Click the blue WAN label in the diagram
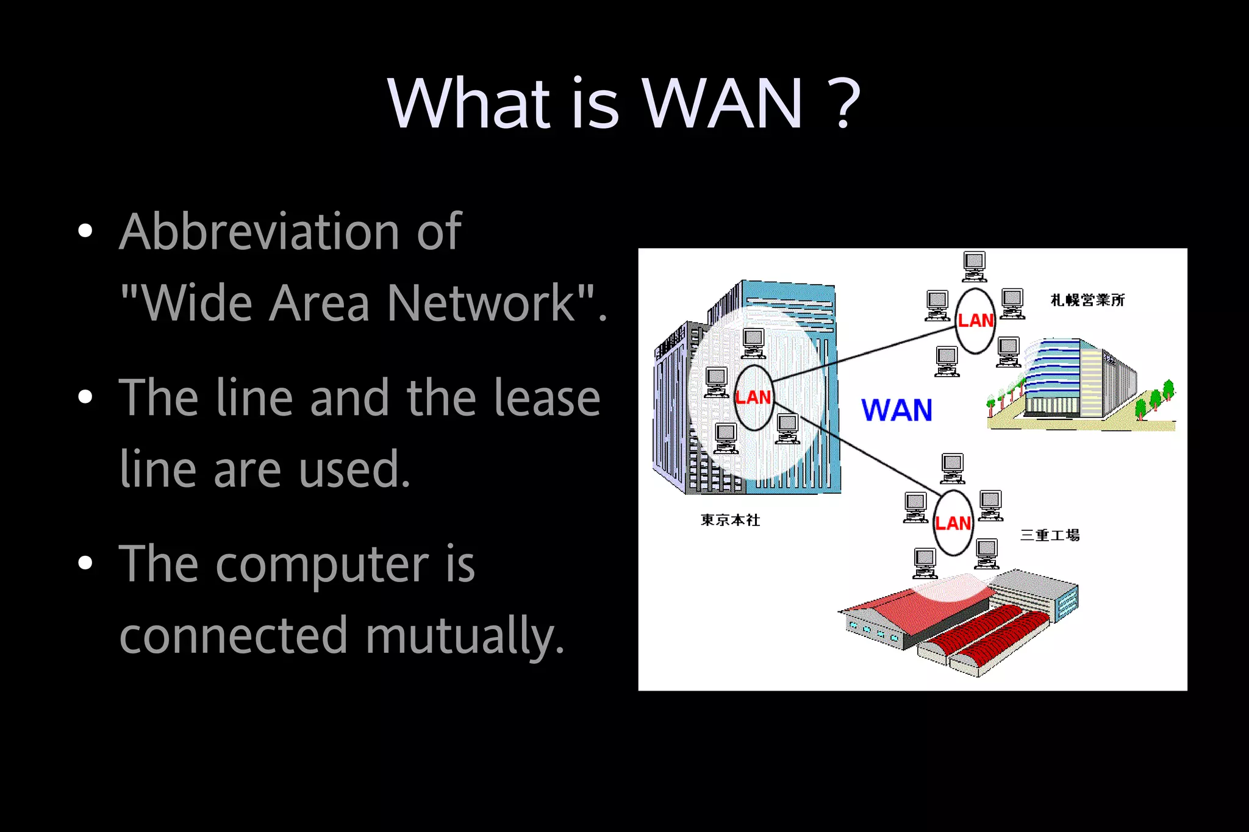click(896, 410)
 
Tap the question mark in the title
click(845, 104)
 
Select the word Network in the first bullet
click(482, 303)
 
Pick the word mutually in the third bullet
click(464, 636)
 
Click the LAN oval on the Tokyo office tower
click(754, 397)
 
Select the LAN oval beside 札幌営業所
click(975, 321)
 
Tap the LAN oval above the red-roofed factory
click(953, 523)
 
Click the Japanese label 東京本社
click(731, 520)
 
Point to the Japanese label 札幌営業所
click(1087, 300)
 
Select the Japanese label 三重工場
click(1050, 535)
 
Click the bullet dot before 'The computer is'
click(85, 563)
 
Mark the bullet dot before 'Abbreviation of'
click(85, 231)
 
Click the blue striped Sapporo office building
click(1079, 381)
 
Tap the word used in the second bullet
click(354, 469)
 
